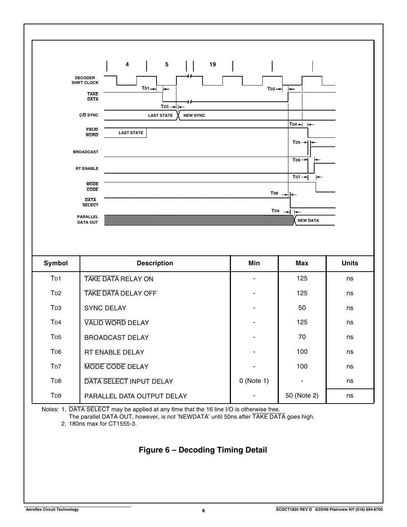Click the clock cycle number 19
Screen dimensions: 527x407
(x=213, y=64)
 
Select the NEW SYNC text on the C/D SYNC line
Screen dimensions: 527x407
(x=194, y=115)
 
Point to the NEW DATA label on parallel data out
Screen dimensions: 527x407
(x=308, y=220)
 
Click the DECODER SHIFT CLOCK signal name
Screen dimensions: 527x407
(x=85, y=80)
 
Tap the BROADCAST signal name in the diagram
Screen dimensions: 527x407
(x=85, y=152)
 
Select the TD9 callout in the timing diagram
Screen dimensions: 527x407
(x=275, y=211)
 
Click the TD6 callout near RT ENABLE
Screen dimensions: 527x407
(x=296, y=160)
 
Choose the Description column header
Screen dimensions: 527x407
(x=155, y=263)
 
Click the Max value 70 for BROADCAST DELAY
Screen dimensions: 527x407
(x=302, y=337)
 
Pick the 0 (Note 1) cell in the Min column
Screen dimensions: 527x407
(x=254, y=381)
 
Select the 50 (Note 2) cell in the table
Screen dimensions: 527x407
(x=302, y=395)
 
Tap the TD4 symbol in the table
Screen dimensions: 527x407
(x=56, y=322)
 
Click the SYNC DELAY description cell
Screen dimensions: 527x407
(x=105, y=308)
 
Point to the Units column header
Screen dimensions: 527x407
(x=350, y=263)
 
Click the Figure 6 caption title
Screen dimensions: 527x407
(x=203, y=450)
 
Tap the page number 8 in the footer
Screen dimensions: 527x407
(x=203, y=510)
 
